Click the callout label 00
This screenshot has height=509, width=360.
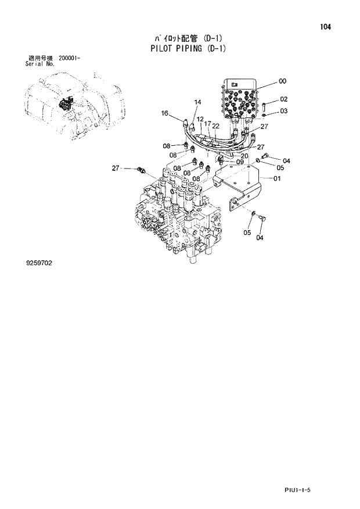pyautogui.click(x=282, y=81)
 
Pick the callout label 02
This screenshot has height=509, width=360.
pyautogui.click(x=283, y=99)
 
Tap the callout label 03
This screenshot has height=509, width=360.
pyautogui.click(x=283, y=111)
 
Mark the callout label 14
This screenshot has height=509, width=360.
pyautogui.click(x=197, y=102)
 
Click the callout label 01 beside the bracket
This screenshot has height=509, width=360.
pyautogui.click(x=276, y=178)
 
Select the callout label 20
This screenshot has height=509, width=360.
pyautogui.click(x=244, y=156)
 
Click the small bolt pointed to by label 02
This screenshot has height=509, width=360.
pyautogui.click(x=264, y=107)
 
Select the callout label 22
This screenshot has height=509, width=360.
pyautogui.click(x=215, y=126)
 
